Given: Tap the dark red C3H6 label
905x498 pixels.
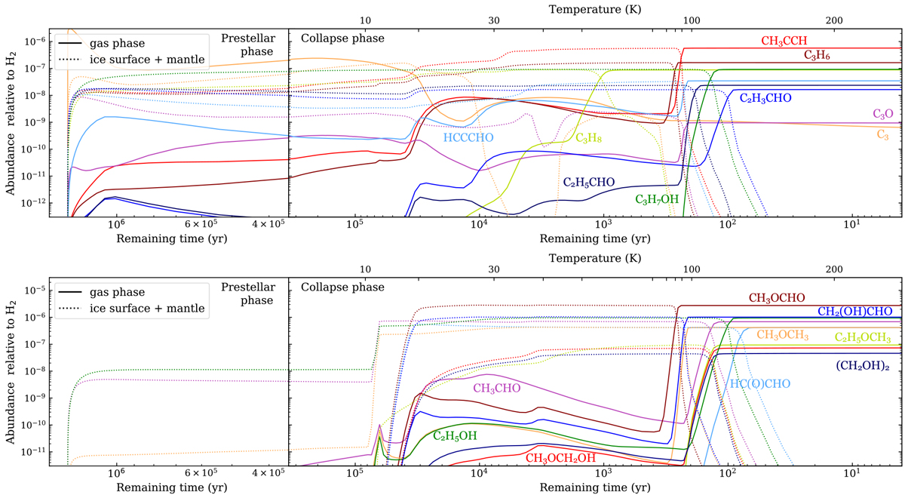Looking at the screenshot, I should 817,55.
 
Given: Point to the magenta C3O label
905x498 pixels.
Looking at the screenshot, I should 883,113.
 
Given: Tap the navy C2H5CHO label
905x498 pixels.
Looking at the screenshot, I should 589,182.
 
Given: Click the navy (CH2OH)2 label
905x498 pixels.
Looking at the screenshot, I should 867,365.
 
